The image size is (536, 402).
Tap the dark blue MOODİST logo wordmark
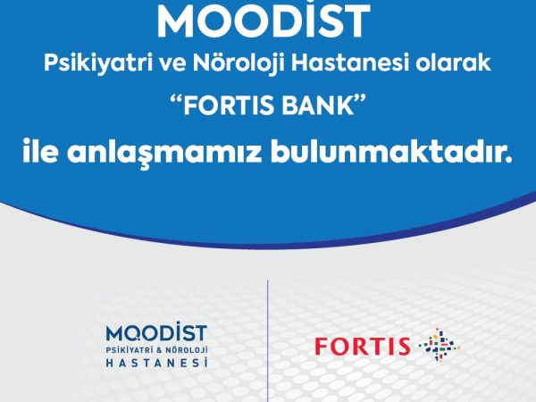point(156,331)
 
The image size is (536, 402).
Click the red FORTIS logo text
point(363,346)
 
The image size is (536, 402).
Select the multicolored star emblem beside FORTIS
point(440,345)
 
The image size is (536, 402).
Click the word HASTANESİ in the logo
point(156,363)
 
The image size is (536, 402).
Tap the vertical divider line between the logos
point(268,341)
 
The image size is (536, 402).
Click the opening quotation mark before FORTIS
point(176,100)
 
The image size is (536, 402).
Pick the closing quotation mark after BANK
point(360,100)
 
